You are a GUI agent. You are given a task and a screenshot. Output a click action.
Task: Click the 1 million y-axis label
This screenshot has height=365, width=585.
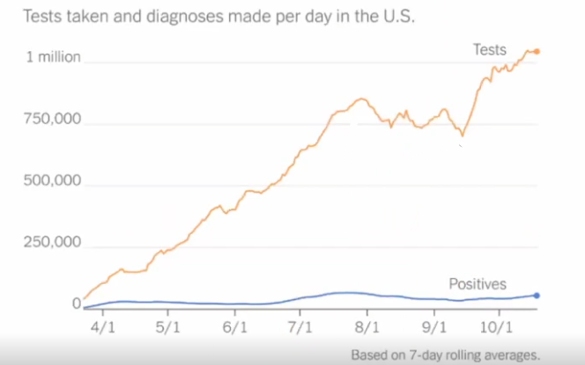(53, 58)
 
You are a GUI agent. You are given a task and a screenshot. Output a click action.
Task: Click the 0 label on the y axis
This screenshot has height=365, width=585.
(76, 305)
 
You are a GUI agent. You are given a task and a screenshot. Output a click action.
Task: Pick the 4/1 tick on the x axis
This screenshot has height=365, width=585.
(103, 327)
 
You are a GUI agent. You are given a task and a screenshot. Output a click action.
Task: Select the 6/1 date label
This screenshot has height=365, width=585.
(234, 327)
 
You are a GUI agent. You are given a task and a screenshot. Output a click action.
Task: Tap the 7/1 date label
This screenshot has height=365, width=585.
(300, 327)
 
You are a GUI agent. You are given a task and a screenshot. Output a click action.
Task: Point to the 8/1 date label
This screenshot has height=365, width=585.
(367, 327)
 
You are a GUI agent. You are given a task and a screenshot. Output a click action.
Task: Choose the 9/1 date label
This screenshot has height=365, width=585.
(433, 327)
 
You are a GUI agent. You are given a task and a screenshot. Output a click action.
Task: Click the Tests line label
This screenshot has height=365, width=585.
(491, 50)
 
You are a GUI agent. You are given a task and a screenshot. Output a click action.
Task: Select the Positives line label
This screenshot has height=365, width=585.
(478, 284)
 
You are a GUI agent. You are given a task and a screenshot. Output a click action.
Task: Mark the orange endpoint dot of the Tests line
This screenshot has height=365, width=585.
(537, 52)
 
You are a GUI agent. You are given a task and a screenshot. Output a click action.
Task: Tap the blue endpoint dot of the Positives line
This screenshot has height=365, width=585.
(537, 296)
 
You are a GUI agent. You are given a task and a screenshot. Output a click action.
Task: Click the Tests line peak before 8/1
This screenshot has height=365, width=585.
(360, 99)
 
